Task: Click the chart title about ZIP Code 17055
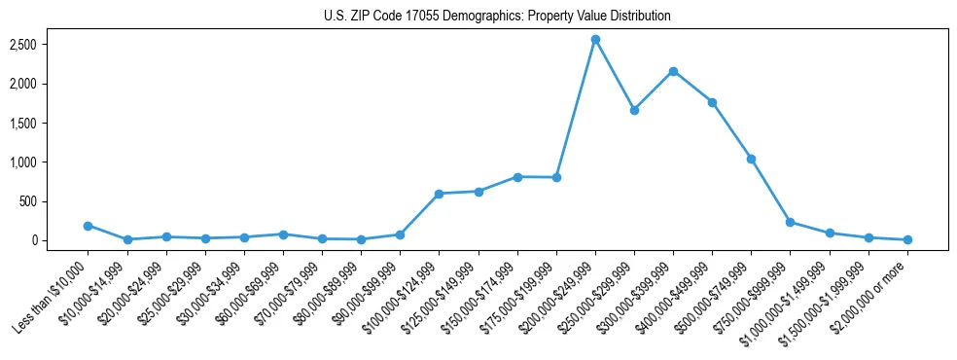click(x=497, y=16)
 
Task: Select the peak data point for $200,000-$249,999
click(x=595, y=39)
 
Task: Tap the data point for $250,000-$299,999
click(x=634, y=110)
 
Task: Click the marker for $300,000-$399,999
click(x=673, y=71)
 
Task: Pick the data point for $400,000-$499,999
click(x=712, y=102)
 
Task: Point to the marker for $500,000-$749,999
click(x=751, y=159)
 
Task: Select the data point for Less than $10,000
click(x=88, y=226)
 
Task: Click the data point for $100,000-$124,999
click(x=439, y=194)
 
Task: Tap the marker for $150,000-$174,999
click(x=517, y=177)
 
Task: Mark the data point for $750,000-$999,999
click(x=790, y=222)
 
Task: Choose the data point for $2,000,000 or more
click(x=907, y=239)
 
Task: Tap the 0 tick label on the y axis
click(x=60, y=240)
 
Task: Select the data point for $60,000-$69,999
click(x=283, y=234)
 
